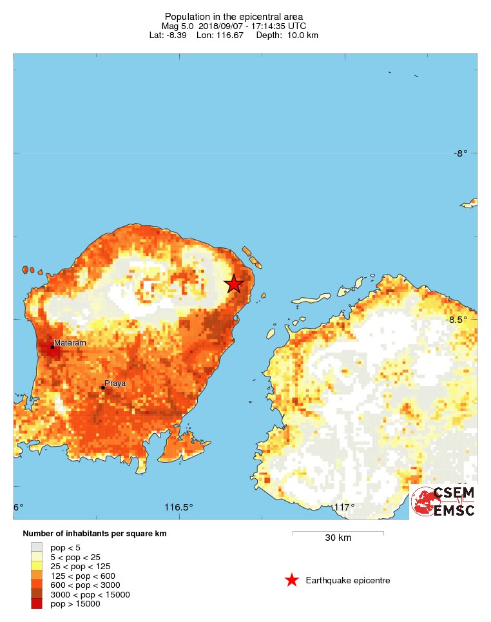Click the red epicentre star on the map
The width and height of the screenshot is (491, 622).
234,284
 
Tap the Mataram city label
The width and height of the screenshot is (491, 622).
70,343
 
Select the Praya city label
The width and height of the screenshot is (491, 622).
115,383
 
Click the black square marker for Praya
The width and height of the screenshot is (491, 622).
103,388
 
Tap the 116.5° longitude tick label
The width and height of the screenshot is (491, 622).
178,507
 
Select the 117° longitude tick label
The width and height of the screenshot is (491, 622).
343,507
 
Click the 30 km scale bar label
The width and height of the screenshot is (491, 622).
338,538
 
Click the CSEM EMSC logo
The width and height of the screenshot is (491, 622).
444,501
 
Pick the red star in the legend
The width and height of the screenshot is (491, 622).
292,581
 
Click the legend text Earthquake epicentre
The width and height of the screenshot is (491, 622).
348,581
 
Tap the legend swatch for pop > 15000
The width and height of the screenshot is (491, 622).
37,604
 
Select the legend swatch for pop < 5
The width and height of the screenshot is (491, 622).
37,547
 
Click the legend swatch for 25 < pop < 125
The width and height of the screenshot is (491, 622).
37,566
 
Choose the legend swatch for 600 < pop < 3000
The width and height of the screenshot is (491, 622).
37,585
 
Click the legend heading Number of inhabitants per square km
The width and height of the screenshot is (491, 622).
95,534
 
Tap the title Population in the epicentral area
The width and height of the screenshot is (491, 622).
233,16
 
